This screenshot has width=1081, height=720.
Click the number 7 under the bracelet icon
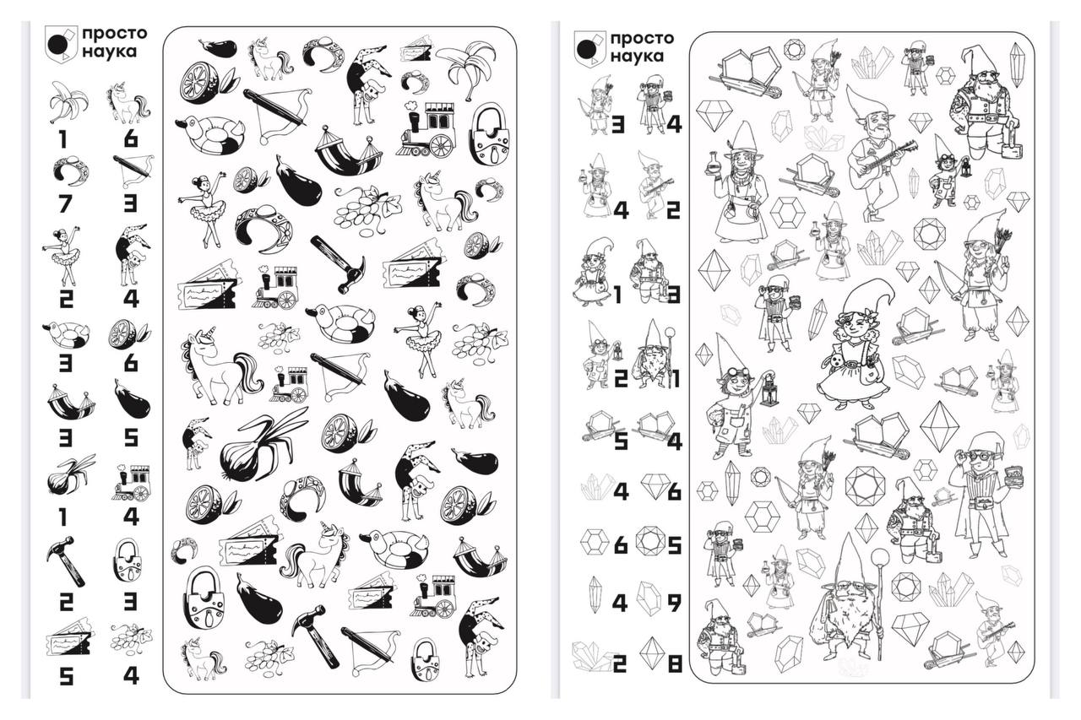65,204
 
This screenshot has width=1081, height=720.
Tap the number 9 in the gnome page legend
674,603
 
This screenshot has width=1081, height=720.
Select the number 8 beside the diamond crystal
674,664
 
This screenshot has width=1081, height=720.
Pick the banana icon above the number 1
68,102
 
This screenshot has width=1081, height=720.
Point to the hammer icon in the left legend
66,561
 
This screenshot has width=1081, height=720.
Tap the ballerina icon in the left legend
63,256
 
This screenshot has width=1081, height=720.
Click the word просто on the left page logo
114,34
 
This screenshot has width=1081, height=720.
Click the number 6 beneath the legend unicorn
131,139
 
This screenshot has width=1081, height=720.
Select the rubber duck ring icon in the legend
66,334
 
